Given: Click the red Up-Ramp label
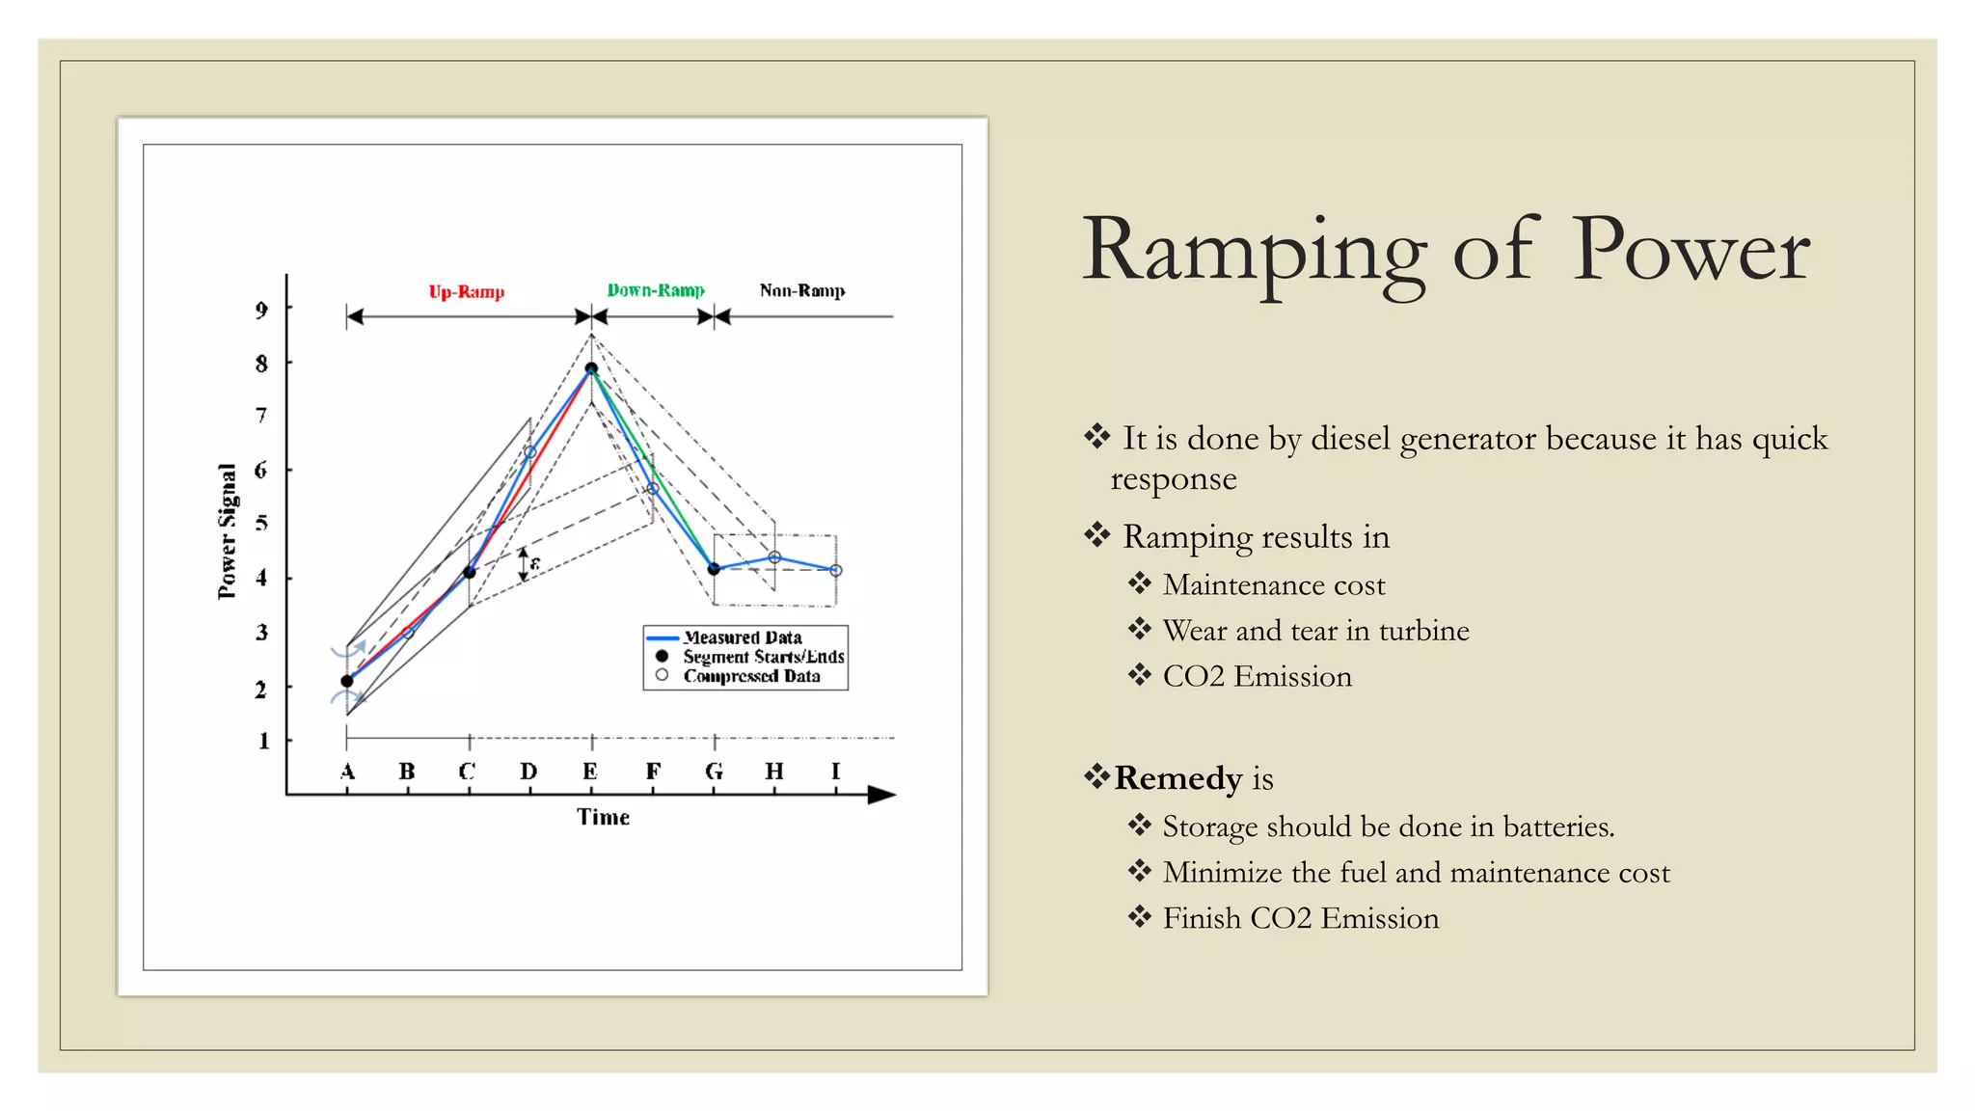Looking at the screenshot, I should click(x=467, y=291).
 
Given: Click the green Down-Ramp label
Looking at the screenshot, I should click(x=656, y=290).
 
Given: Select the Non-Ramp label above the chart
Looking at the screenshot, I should click(x=801, y=290).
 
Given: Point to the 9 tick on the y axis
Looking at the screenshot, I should click(x=261, y=310).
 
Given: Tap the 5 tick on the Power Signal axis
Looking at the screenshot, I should click(x=261, y=524).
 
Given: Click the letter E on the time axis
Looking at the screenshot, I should click(x=590, y=772).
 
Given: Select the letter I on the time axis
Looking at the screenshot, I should click(x=835, y=772).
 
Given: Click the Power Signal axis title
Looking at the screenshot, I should click(x=228, y=530).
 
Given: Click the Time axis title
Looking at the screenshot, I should click(x=603, y=817).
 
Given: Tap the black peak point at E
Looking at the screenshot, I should click(x=591, y=368).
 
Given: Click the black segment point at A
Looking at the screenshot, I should click(x=347, y=681).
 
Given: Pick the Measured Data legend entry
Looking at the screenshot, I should click(x=743, y=637).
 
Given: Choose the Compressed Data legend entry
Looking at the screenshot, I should click(x=751, y=676).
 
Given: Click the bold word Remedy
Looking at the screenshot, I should click(x=1177, y=778).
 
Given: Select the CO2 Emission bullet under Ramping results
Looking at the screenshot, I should click(x=1257, y=677).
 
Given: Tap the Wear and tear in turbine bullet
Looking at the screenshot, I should click(x=1315, y=631).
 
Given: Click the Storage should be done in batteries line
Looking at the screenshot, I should click(x=1388, y=826).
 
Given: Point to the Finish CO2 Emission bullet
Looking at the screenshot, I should click(x=1300, y=918).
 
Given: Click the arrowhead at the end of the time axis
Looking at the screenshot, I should click(x=882, y=795).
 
